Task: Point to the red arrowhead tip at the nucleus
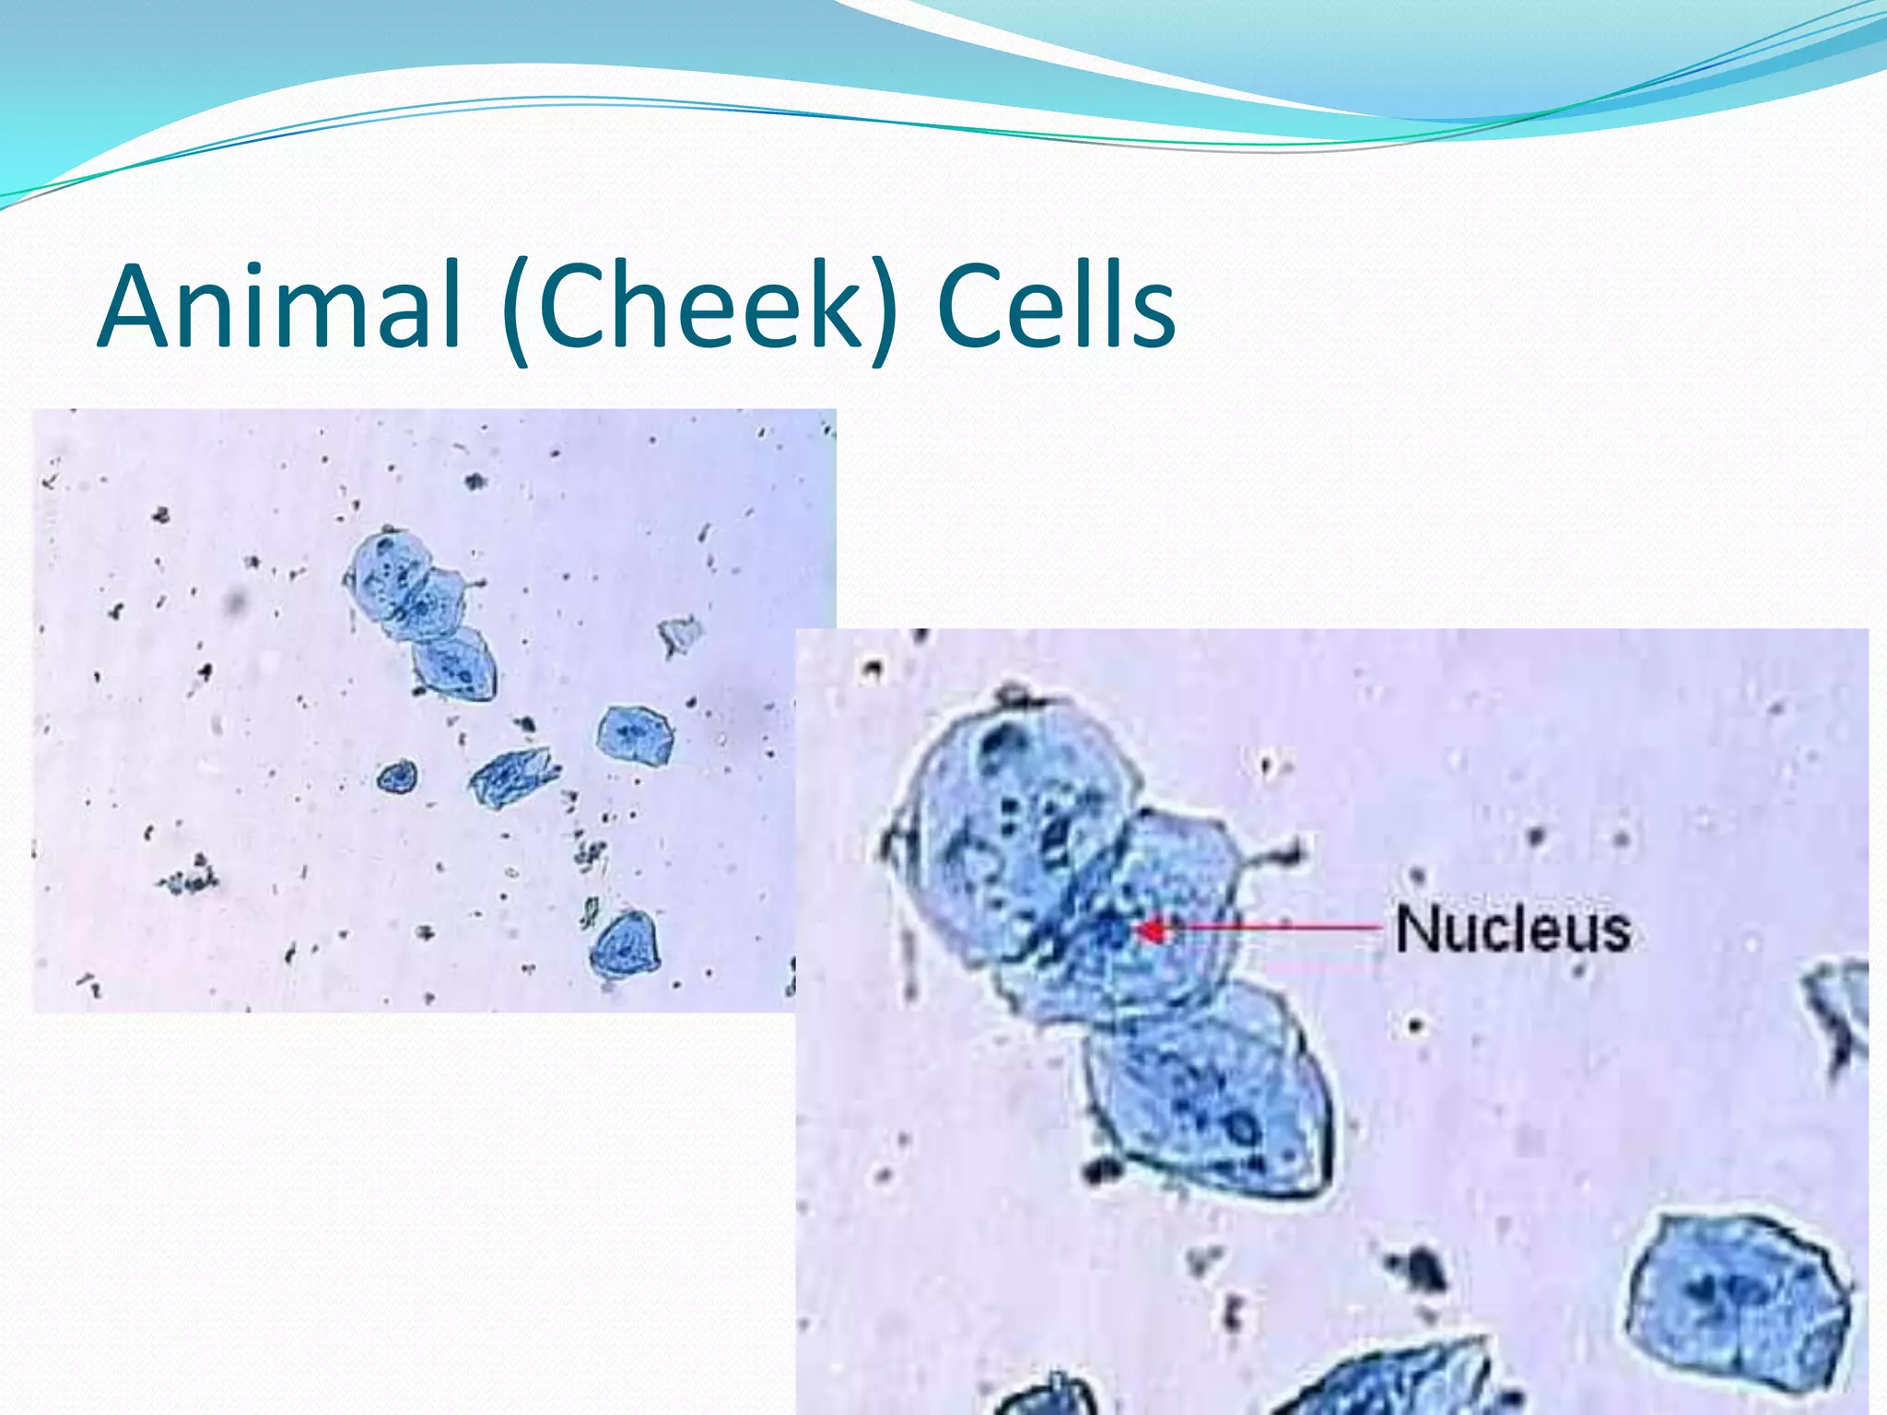[x=1141, y=931]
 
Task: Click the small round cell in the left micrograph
[x=397, y=778]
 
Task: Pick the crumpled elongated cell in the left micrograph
[x=513, y=777]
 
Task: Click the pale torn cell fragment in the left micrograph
[x=680, y=635]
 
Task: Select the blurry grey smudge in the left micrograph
[x=237, y=602]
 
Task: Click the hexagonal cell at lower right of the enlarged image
[x=1736, y=1299]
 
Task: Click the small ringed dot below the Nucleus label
[x=1414, y=1024]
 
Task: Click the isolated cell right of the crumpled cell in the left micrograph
[x=634, y=736]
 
